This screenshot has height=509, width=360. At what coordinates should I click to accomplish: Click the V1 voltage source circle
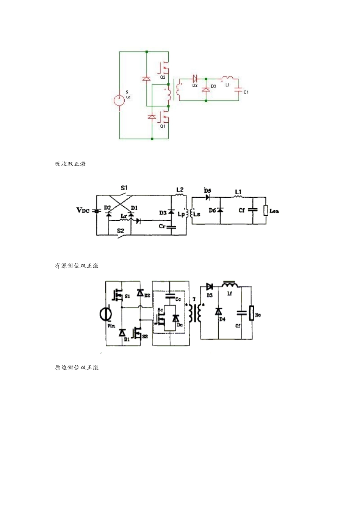click(119, 100)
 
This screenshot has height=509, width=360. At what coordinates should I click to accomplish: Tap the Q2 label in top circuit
click(163, 77)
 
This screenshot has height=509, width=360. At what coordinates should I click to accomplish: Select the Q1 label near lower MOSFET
click(162, 126)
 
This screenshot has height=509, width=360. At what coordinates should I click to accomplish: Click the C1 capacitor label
click(246, 92)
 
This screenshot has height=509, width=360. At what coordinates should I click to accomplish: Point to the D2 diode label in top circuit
click(195, 86)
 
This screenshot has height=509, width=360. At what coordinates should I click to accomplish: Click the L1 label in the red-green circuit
click(227, 85)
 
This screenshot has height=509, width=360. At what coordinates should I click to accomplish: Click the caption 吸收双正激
click(70, 164)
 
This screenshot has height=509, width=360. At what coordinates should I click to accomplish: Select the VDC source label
click(83, 210)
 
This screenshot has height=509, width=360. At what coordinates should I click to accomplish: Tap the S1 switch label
click(124, 188)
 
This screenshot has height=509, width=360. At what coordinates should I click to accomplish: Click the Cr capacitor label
click(162, 226)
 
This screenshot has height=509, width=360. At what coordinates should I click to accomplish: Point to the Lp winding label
click(181, 214)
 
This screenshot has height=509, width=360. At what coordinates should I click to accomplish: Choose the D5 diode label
click(208, 191)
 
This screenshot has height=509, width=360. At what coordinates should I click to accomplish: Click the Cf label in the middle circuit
click(241, 210)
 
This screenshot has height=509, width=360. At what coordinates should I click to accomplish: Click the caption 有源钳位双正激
click(77, 266)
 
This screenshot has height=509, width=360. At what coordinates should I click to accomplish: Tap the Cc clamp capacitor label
click(178, 299)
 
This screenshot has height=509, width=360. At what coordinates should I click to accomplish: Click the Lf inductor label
click(229, 294)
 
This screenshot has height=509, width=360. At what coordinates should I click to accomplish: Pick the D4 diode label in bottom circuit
click(222, 320)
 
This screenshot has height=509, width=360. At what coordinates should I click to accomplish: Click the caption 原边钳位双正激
click(77, 368)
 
